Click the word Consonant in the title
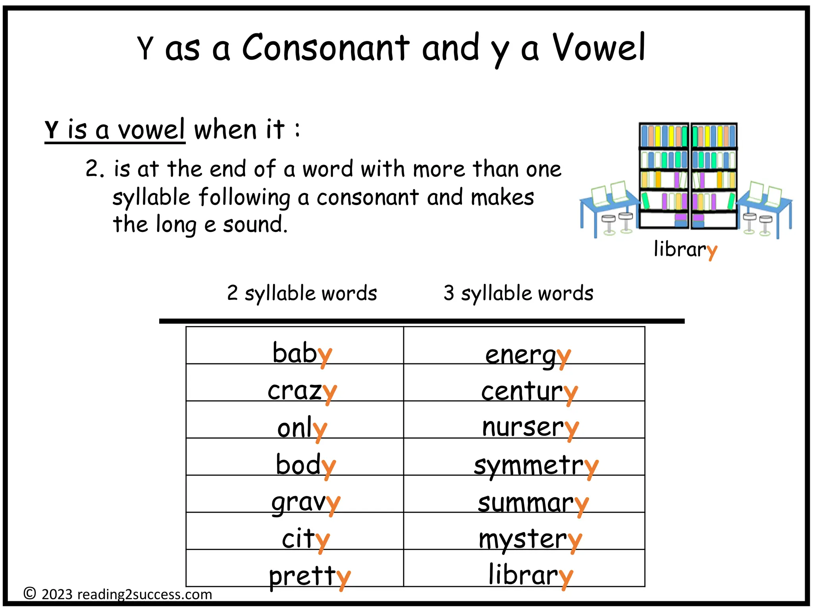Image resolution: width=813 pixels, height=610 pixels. point(326,48)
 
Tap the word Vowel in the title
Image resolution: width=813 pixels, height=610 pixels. point(599,48)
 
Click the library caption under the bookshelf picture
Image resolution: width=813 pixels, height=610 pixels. point(685,249)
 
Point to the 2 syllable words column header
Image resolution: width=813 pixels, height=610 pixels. point(302,293)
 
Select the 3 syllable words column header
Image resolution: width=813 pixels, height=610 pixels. point(518,293)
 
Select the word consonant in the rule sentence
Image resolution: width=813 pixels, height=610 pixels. point(367,197)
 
